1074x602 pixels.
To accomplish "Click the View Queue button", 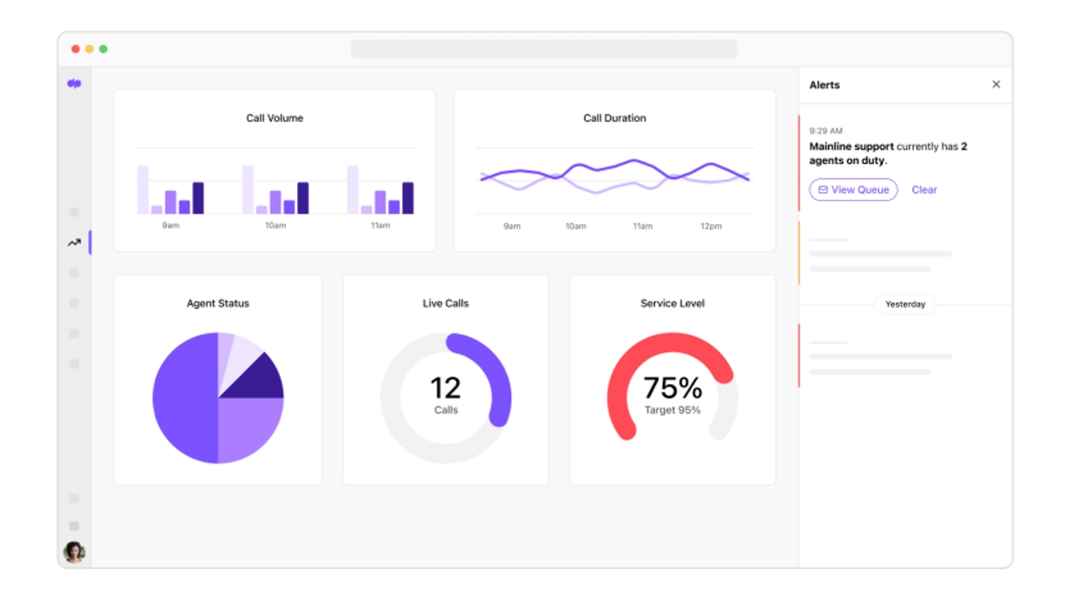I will click(853, 190).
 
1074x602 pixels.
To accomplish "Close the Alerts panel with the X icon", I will click(996, 85).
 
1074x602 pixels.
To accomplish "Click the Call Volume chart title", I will click(274, 118).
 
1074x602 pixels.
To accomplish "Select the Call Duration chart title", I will click(614, 118).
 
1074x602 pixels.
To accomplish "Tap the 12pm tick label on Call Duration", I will click(710, 226).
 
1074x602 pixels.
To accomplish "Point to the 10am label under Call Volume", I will click(275, 225).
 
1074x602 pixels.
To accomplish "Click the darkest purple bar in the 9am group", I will click(198, 198).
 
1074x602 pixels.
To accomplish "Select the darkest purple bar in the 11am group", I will click(408, 198).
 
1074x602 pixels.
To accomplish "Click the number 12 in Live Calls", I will click(445, 388).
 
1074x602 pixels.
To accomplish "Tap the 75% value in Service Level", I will click(672, 388).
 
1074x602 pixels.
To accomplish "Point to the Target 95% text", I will click(672, 410).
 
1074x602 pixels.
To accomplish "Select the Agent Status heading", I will click(218, 303).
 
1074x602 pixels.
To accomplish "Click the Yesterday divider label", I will click(905, 304).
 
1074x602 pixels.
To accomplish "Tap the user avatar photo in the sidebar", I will click(74, 552).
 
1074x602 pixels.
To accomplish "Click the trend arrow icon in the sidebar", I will click(74, 242).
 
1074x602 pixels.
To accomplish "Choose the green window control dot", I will click(103, 49).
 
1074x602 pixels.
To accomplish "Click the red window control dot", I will click(76, 49).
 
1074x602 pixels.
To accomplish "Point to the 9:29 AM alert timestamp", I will click(826, 131).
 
